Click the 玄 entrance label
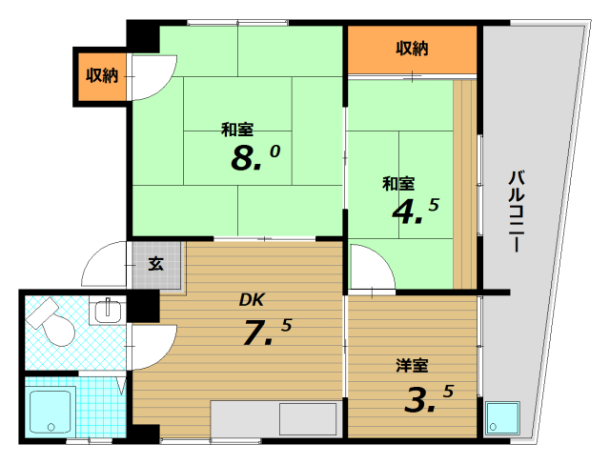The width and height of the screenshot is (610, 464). (x=154, y=263)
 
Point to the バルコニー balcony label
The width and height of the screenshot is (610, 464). (x=516, y=211)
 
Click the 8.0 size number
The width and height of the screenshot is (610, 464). (x=254, y=156)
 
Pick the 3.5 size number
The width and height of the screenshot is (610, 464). (x=427, y=397)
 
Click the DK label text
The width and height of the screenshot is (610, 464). (x=251, y=301)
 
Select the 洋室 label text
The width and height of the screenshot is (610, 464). (x=412, y=365)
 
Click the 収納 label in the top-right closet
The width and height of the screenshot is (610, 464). (x=412, y=48)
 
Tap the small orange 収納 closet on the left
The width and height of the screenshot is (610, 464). (x=101, y=75)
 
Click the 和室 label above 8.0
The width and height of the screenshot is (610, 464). (x=237, y=129)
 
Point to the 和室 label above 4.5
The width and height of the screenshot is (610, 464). (x=398, y=182)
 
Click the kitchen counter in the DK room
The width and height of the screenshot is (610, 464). (x=274, y=420)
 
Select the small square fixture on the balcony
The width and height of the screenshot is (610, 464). (x=501, y=417)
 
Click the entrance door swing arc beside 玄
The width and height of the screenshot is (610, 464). (x=108, y=265)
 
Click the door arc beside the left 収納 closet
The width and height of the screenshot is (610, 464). (x=152, y=76)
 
